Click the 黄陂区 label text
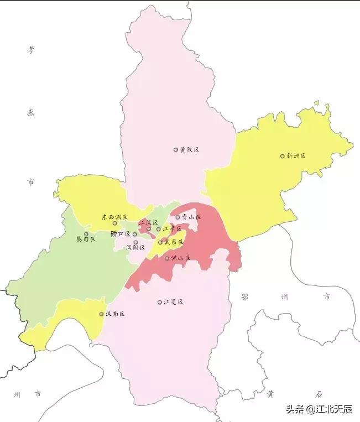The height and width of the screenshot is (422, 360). (189, 150)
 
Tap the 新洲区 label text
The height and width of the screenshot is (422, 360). (296, 156)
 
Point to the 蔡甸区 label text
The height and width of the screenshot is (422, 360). (86, 239)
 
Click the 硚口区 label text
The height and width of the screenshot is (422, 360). (120, 234)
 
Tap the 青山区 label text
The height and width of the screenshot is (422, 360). (191, 217)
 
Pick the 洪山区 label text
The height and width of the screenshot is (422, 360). (180, 258)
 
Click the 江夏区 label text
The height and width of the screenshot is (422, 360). (173, 302)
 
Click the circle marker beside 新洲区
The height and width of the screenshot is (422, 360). (282, 156)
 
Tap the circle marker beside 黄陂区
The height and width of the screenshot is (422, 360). (176, 150)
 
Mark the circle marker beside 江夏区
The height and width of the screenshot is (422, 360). (160, 303)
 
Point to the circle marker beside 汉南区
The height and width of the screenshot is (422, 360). (101, 314)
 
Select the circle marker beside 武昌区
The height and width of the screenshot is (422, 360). (160, 242)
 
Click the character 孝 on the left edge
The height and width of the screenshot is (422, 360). (30, 50)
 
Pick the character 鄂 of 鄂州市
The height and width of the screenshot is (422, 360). (244, 297)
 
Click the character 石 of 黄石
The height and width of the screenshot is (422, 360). (319, 394)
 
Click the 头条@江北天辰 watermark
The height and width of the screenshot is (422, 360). (319, 409)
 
